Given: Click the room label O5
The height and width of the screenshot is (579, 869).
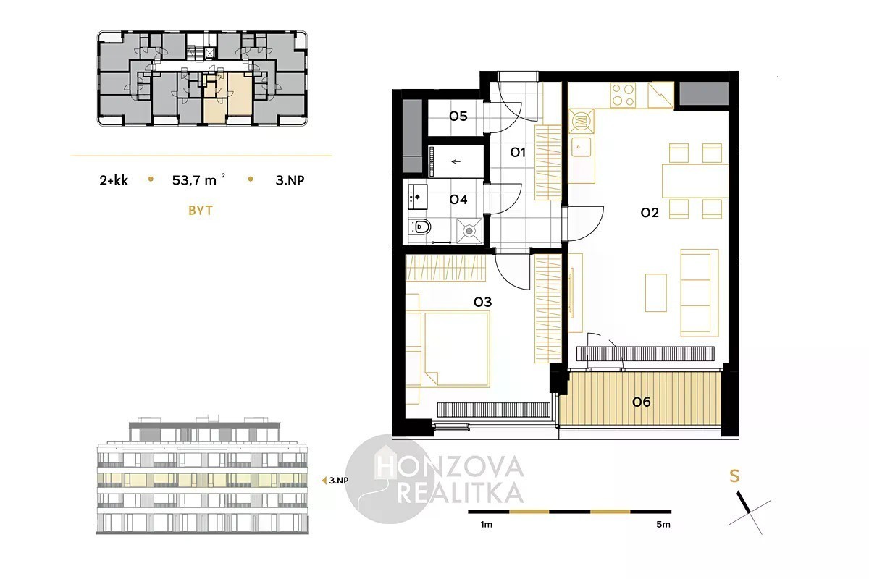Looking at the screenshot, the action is pyautogui.click(x=458, y=116).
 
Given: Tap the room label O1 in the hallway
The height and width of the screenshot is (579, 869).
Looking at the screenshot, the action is pyautogui.click(x=518, y=153).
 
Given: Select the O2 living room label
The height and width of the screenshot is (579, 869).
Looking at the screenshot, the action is pyautogui.click(x=650, y=213).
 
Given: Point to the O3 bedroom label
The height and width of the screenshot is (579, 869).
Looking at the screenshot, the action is pyautogui.click(x=482, y=302).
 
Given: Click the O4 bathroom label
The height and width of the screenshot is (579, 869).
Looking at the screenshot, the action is pyautogui.click(x=458, y=199).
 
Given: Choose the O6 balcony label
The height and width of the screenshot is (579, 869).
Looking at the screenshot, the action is pyautogui.click(x=642, y=402).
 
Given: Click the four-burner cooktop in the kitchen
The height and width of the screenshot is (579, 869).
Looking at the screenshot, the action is pyautogui.click(x=623, y=96).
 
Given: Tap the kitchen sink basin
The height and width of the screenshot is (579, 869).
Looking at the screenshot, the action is pyautogui.click(x=581, y=148).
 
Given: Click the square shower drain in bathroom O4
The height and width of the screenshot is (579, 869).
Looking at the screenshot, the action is pyautogui.click(x=469, y=231).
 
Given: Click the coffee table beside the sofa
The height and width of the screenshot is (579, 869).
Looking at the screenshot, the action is pyautogui.click(x=655, y=293).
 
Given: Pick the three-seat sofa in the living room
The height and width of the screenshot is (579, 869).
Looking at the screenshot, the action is pyautogui.click(x=700, y=293).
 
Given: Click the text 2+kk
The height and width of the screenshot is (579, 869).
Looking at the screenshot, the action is pyautogui.click(x=114, y=180).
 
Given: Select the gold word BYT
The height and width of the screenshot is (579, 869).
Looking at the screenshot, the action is pyautogui.click(x=201, y=210).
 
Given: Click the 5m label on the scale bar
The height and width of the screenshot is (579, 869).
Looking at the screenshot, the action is pyautogui.click(x=663, y=524).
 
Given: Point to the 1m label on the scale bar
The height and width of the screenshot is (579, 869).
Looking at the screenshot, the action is pyautogui.click(x=486, y=524).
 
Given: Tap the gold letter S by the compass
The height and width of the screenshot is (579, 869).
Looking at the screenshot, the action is pyautogui.click(x=734, y=476).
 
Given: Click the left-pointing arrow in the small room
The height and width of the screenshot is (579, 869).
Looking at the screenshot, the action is pyautogui.click(x=456, y=161).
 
